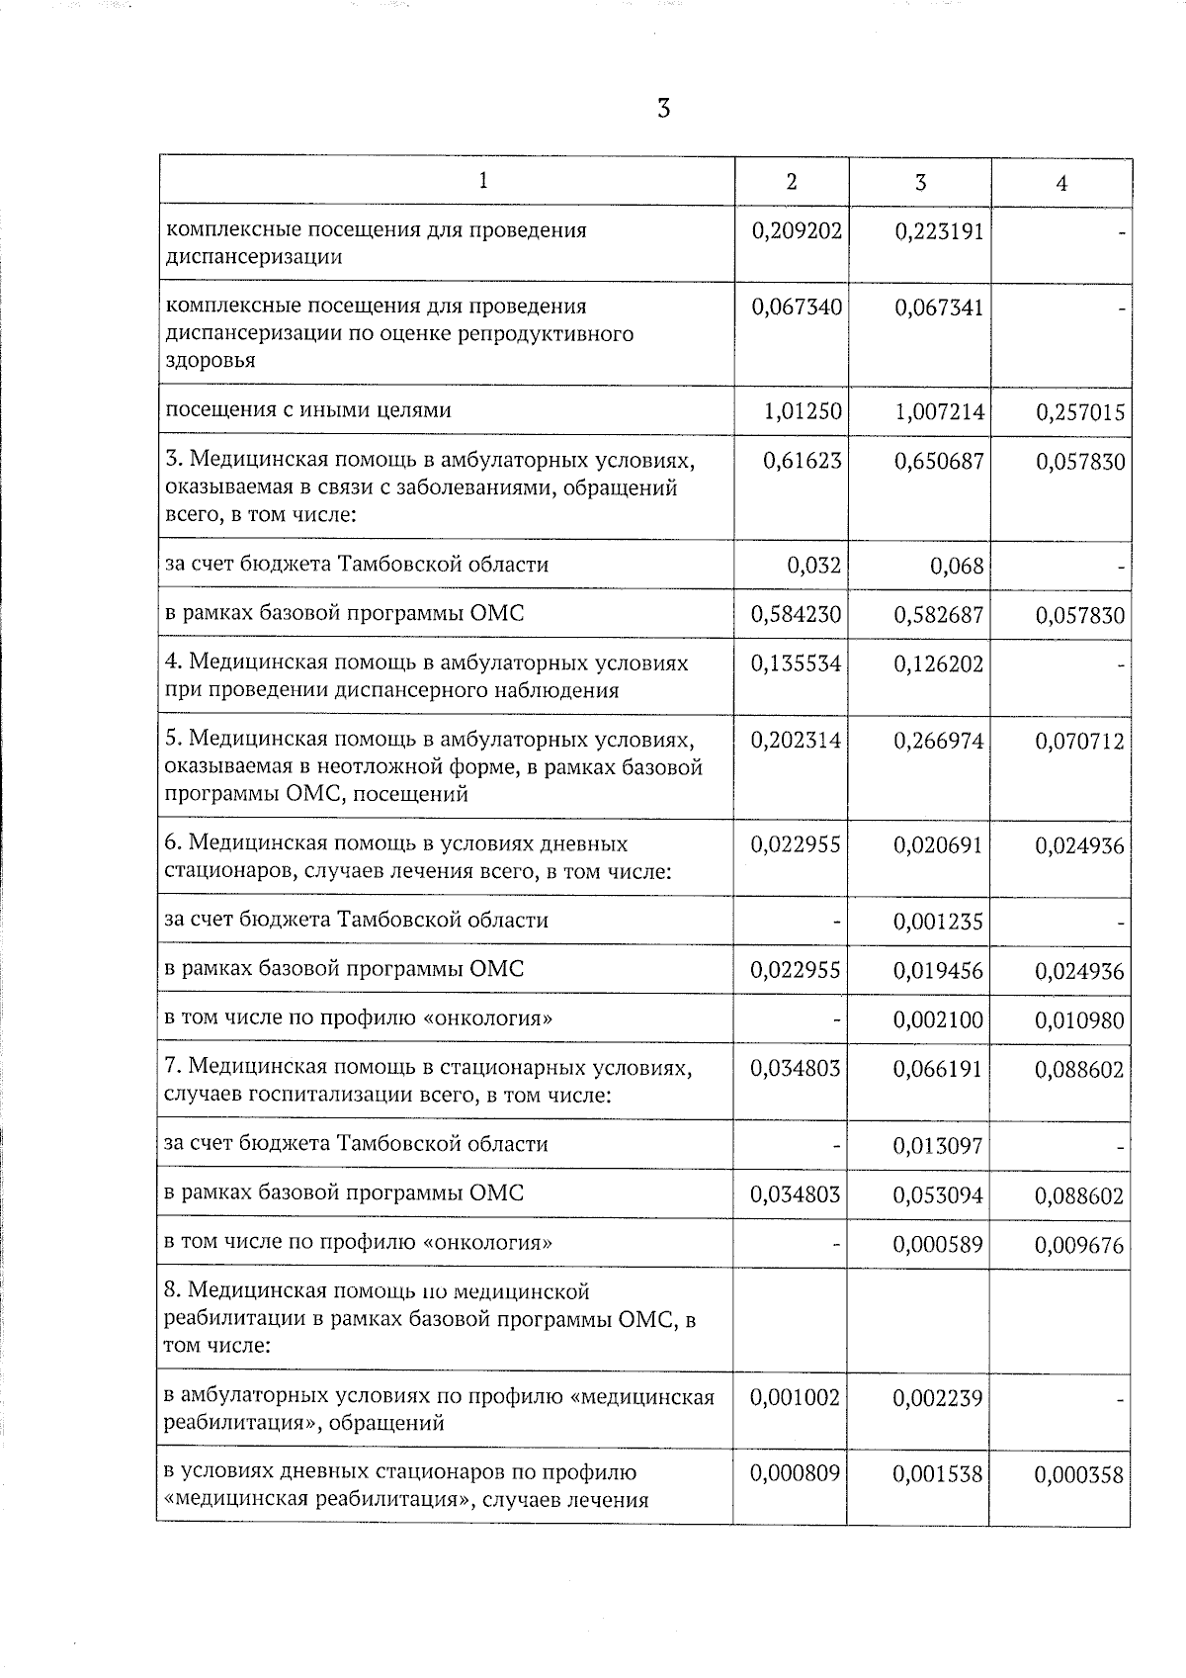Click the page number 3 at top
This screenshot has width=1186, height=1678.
664,109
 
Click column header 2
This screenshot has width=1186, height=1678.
791,182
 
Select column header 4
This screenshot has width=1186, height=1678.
1061,184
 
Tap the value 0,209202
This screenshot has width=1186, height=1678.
797,231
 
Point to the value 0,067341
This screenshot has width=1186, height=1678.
939,308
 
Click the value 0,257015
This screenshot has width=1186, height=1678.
1080,412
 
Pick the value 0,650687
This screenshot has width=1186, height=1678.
939,462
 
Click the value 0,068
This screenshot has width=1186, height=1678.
957,567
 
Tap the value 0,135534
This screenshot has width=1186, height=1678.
797,664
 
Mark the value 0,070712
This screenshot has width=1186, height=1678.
1080,742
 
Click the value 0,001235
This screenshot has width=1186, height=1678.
939,923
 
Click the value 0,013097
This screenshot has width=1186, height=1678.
939,1147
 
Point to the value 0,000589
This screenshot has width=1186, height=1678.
939,1245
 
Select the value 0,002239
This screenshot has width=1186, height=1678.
939,1399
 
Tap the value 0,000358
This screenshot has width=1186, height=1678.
1080,1476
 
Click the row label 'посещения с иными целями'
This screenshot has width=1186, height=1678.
307,410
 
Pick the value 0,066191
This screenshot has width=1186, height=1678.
939,1070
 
